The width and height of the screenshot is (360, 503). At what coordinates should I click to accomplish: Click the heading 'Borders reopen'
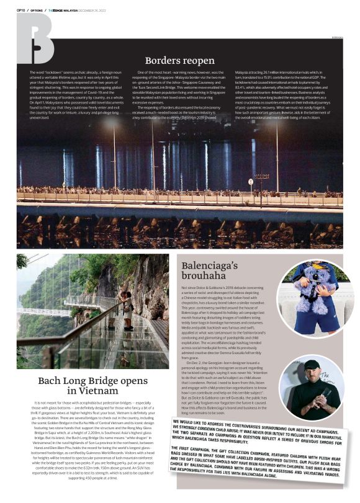(179, 61)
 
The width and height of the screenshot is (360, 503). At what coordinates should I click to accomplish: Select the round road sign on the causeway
(250, 182)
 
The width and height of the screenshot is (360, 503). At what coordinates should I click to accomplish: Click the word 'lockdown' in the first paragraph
(51, 73)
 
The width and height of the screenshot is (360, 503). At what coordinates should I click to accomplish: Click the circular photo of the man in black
(311, 388)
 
